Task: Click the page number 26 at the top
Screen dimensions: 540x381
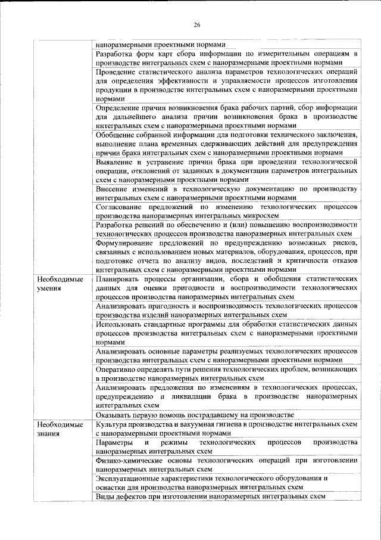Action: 196,24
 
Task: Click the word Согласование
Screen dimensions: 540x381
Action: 121,206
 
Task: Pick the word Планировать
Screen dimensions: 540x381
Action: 118,278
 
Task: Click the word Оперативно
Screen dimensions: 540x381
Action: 117,370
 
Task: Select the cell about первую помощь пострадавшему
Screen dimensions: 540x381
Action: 195,414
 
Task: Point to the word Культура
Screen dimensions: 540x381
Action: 112,424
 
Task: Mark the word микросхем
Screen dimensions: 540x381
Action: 261,215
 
